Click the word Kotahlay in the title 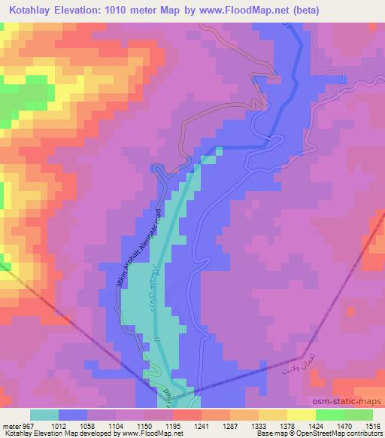pyautogui.click(x=35, y=11)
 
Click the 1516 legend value pyautogui.click(x=371, y=427)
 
